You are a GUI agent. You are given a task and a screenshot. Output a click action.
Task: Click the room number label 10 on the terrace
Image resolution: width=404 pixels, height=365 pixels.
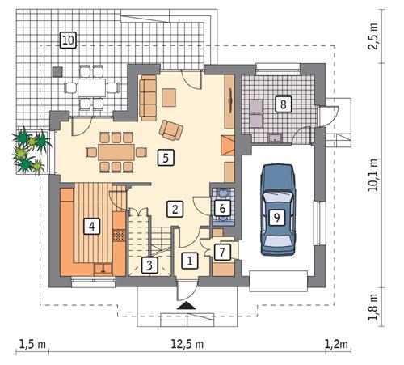[68, 39]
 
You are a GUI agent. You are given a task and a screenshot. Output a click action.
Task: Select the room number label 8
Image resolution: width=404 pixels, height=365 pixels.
[282, 104]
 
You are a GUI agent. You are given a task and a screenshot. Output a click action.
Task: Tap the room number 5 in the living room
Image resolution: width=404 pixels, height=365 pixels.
[165, 157]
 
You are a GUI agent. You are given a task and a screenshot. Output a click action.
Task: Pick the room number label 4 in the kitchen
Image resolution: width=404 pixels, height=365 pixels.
[94, 226]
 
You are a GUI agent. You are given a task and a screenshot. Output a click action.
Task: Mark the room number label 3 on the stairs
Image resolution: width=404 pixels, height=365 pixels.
[149, 264]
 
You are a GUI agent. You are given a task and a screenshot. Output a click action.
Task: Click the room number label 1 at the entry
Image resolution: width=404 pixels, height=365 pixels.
[188, 261]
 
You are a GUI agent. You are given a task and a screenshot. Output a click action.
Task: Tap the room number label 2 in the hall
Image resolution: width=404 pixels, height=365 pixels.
[173, 209]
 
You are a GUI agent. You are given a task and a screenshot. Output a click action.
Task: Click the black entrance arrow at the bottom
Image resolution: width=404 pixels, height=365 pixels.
[187, 305]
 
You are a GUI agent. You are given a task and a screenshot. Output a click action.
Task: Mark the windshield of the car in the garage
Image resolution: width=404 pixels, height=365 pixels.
[276, 197]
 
